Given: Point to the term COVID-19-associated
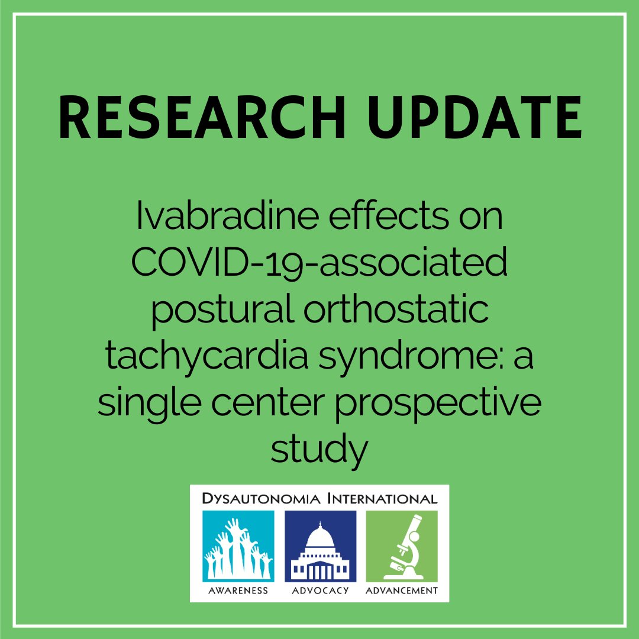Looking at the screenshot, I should [319, 264].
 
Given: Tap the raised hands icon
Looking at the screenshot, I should [238, 546].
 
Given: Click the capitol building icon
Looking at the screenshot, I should [319, 546].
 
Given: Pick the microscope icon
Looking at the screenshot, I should [402, 546].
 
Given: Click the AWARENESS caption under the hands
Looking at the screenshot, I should [238, 590].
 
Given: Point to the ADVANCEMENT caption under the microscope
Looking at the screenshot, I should [402, 590].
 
